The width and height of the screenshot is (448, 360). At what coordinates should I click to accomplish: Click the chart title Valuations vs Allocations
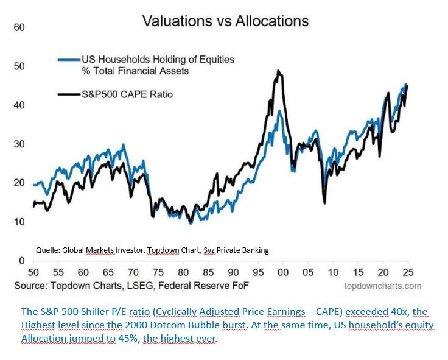[225, 21]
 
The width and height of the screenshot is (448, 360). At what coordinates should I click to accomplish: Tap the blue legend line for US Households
[69, 60]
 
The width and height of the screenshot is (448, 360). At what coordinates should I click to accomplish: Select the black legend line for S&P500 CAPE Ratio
[69, 94]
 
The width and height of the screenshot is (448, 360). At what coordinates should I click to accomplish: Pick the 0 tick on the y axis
[21, 261]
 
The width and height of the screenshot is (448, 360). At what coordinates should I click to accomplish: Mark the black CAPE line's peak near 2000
[278, 71]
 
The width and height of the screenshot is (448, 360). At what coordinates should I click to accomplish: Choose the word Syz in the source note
[206, 250]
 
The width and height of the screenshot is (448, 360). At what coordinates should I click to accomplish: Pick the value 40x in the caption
[396, 312]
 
